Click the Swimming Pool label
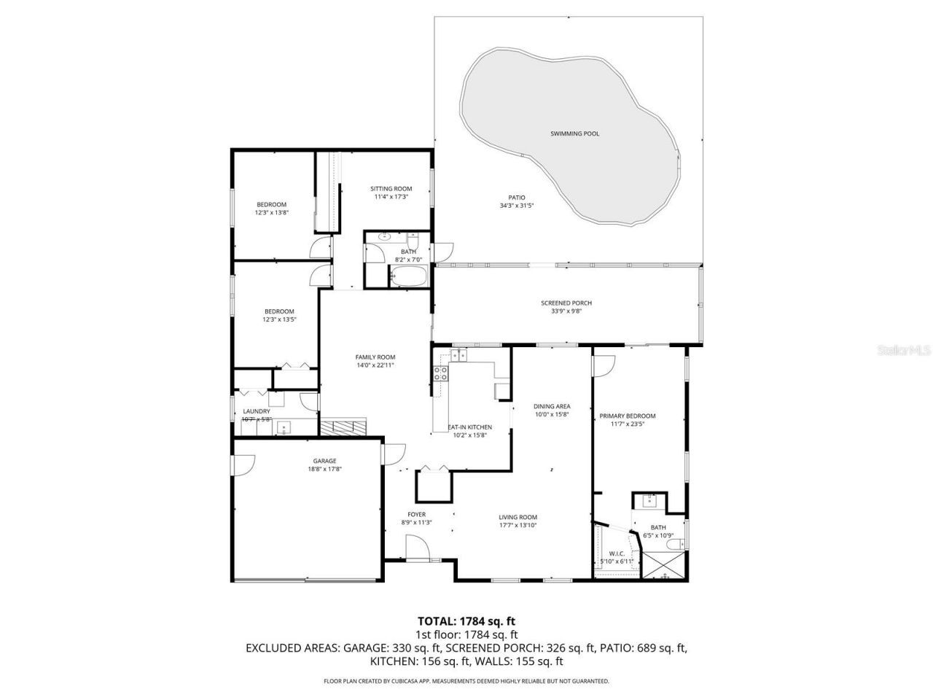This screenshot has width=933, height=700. click(x=574, y=133)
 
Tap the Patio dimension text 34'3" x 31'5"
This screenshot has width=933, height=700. click(x=516, y=206)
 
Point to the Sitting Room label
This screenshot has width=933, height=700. click(x=391, y=189)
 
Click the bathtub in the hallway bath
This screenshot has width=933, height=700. click(x=407, y=277)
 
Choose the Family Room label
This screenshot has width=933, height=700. click(x=375, y=357)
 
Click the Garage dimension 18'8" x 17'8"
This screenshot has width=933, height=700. click(x=324, y=470)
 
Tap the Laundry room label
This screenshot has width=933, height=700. click(x=257, y=411)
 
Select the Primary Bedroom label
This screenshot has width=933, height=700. click(x=627, y=416)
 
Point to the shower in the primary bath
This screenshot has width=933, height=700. click(x=664, y=565)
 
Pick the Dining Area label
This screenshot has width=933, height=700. click(x=552, y=406)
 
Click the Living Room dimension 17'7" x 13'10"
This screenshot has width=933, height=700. click(x=518, y=525)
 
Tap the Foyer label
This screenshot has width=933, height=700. click(x=416, y=514)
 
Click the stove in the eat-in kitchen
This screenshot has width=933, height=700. click(x=441, y=374)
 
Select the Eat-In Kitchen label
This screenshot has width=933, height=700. click(x=469, y=427)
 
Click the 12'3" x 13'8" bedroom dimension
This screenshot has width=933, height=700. click(x=271, y=213)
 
